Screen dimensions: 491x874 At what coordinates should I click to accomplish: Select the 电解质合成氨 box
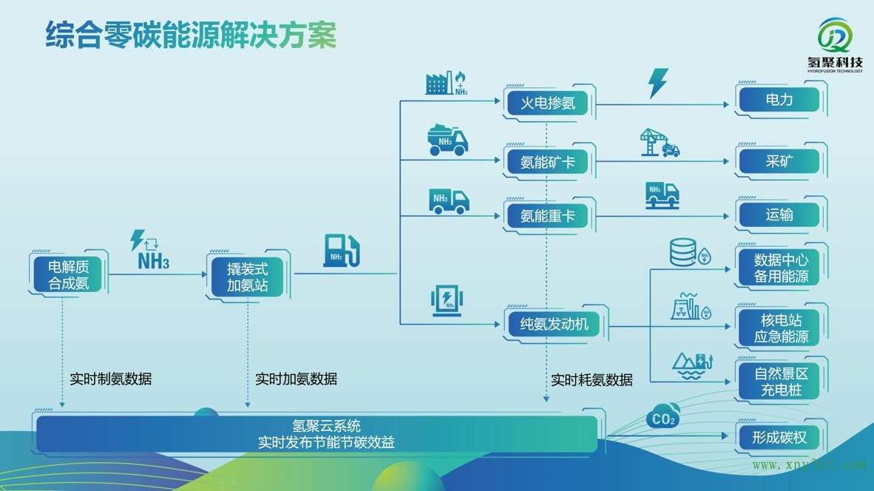[68, 274]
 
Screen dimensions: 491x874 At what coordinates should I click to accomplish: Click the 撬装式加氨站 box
[247, 277]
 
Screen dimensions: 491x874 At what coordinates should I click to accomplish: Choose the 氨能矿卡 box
[548, 160]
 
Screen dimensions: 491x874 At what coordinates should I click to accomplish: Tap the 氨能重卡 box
[548, 216]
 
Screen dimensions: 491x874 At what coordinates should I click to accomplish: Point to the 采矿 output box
[779, 160]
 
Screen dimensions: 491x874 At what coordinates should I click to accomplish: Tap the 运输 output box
[779, 215]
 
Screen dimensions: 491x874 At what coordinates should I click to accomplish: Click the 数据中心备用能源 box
[781, 268]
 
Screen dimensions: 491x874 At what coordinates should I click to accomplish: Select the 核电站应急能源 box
[781, 328]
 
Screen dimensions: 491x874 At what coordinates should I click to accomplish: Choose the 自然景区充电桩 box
[781, 382]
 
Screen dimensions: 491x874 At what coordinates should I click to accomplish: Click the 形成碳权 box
[779, 437]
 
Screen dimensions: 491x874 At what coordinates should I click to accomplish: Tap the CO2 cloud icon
[663, 418]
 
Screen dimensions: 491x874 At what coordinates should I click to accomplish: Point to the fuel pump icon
[341, 251]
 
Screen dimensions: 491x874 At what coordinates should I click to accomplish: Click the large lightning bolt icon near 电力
[657, 83]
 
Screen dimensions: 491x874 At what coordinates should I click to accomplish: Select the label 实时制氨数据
[111, 379]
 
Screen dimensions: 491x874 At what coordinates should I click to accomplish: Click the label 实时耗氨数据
[592, 380]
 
